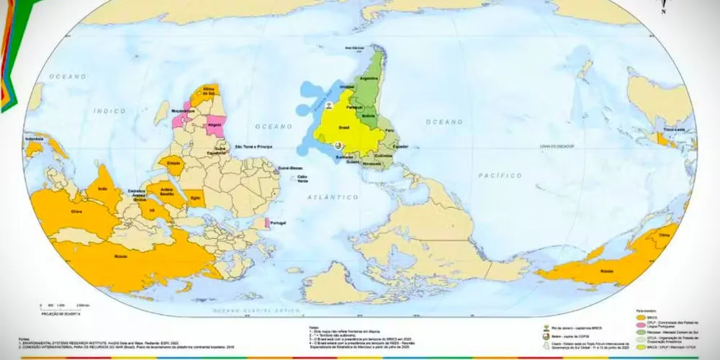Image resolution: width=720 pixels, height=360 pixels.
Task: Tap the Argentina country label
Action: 368,77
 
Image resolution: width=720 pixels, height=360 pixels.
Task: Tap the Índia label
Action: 99,189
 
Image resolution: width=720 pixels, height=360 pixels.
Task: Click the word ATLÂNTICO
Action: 333,196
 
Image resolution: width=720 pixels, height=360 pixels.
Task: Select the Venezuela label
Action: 372,163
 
